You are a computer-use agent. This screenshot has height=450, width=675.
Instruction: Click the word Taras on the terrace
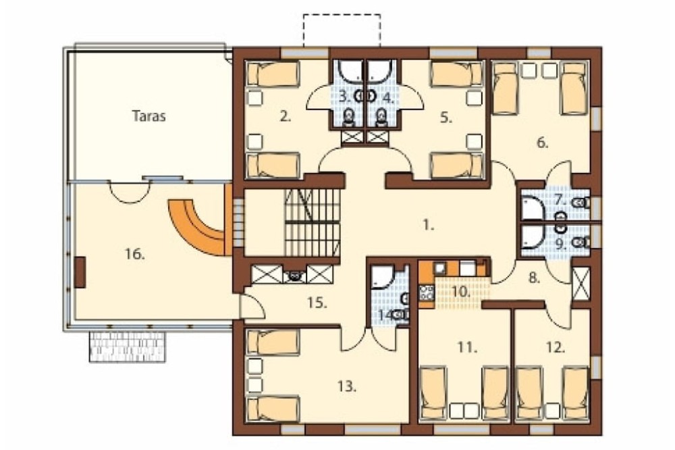149,116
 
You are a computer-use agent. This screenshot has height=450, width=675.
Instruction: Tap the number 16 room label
135,255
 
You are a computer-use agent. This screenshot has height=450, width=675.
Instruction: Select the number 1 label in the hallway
429,225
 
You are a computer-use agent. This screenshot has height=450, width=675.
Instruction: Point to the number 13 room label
346,386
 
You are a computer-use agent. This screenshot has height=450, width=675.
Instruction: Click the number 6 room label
543,143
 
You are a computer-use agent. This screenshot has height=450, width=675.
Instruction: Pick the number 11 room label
467,347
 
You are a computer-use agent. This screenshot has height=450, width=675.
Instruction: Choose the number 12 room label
556,347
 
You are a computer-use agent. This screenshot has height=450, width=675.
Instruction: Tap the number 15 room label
317,303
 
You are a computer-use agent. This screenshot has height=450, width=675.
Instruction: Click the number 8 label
534,278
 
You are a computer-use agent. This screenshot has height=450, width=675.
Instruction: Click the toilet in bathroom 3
349,118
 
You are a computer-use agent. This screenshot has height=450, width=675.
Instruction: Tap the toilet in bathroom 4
381,118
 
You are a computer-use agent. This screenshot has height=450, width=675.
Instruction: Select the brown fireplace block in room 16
80,272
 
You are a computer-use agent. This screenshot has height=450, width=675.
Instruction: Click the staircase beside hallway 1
313,223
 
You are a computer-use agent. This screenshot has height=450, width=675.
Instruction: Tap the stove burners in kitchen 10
426,293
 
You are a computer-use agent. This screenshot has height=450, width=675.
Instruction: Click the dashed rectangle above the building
342,30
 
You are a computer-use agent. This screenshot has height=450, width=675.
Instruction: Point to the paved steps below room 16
128,347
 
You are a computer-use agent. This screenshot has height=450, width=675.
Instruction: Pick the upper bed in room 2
273,74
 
